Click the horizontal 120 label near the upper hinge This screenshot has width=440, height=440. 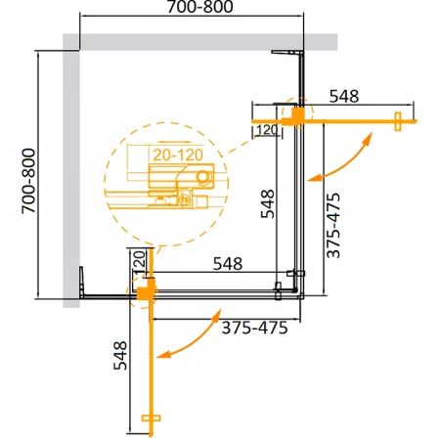click(266, 128)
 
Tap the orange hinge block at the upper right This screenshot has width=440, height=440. click(294, 113)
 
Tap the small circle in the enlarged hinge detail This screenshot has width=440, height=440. click(203, 176)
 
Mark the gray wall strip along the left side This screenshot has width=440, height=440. click(69, 176)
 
